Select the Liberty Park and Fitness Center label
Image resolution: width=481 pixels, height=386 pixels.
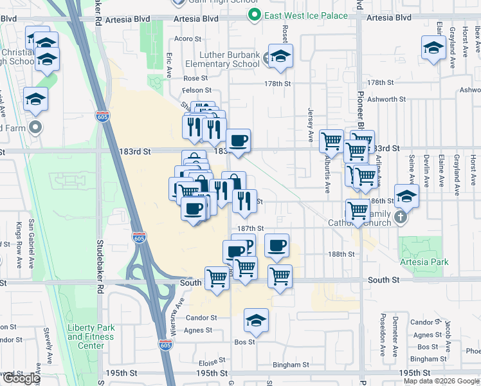coord(91,336)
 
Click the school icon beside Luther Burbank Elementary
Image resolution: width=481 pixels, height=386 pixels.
coord(280,57)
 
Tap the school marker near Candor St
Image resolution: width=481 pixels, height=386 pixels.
coord(256,322)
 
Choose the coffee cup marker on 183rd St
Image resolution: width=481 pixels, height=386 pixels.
coord(238,142)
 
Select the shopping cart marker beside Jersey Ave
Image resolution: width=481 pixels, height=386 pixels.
coord(331,140)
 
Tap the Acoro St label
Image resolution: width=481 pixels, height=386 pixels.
coord(188,39)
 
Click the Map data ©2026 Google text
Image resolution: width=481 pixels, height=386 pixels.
coord(440,381)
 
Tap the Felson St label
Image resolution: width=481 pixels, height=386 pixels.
coord(197,91)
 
